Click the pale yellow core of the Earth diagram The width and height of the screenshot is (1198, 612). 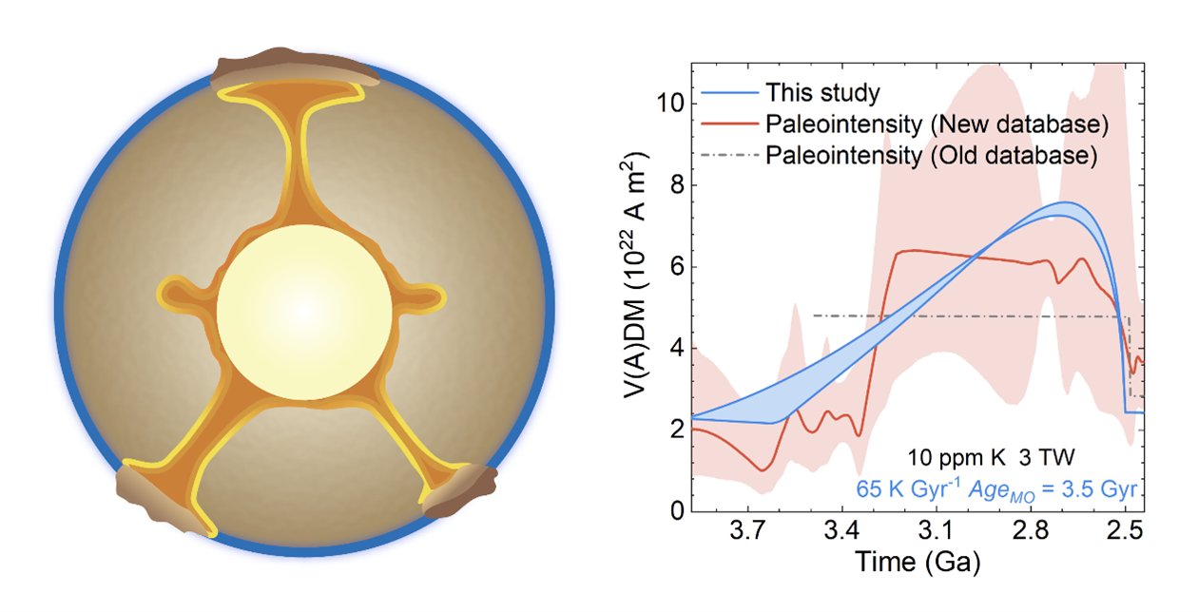click(304, 312)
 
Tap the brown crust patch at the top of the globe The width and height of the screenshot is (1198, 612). click(294, 68)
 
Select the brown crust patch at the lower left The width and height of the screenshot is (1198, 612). click(161, 500)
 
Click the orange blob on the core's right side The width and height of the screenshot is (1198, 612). click(422, 296)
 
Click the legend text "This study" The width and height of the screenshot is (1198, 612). click(822, 92)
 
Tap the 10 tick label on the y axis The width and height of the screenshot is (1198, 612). click(670, 103)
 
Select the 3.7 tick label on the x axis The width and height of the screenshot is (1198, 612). click(747, 531)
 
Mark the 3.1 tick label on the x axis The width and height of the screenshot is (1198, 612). click(937, 531)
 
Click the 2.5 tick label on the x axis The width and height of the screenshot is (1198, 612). click(1126, 531)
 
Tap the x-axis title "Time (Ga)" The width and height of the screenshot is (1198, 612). click(918, 563)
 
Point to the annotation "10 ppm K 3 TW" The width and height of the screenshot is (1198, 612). click(991, 457)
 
